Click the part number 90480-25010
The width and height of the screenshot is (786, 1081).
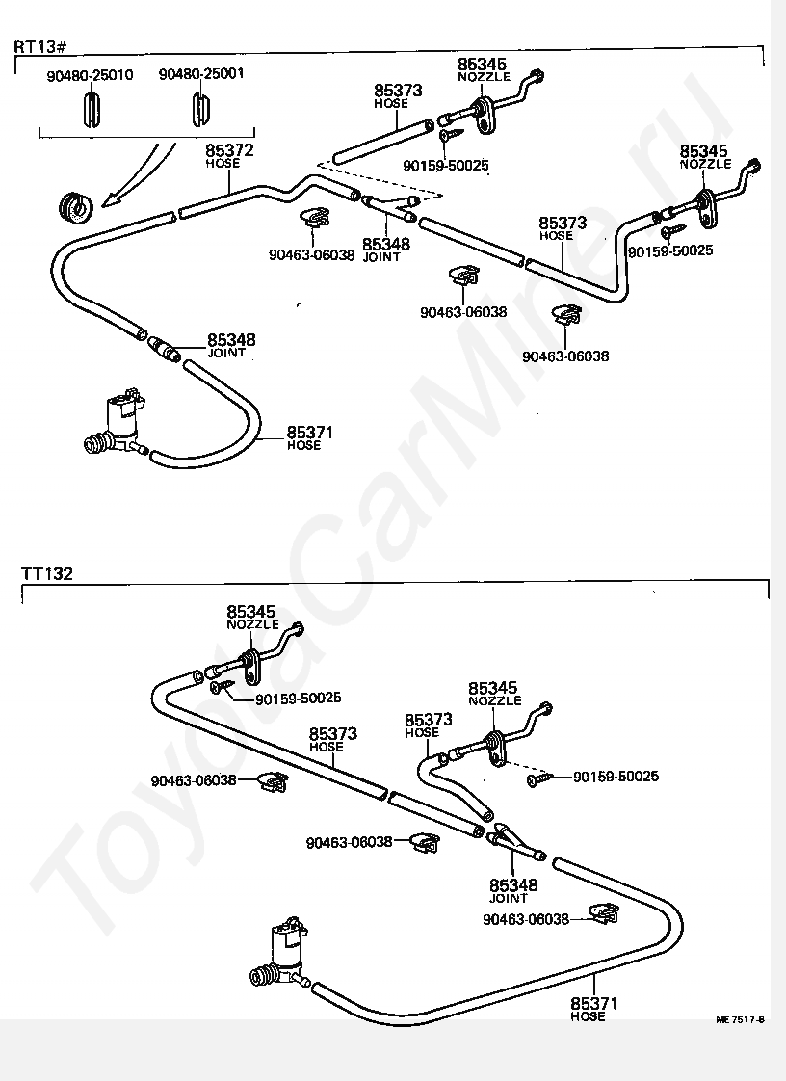point(90,75)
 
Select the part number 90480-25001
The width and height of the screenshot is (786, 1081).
point(201,73)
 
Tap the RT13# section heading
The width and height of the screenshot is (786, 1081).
point(40,47)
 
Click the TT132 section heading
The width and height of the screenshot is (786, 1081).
point(46,573)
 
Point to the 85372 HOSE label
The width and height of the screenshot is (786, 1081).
point(229,156)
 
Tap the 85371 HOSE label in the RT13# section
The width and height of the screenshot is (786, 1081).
point(309,437)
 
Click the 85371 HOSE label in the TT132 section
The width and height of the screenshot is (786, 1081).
point(593,1009)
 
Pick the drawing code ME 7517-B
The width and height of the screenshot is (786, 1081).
point(740,1019)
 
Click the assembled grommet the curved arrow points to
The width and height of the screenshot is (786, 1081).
point(74,206)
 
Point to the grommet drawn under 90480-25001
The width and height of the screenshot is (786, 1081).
point(200,108)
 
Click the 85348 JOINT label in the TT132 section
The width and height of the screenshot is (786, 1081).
point(513,891)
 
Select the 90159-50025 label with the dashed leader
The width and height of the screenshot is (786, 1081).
point(616,777)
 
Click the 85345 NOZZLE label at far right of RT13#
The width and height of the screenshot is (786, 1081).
point(705,156)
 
